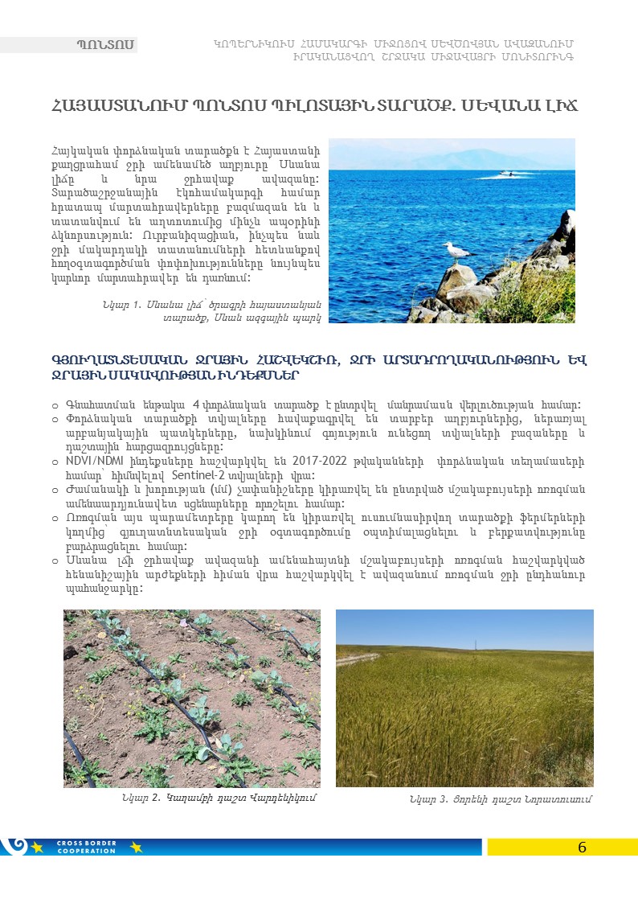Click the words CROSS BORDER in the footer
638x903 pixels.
click(x=86, y=843)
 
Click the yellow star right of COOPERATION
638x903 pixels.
click(x=135, y=847)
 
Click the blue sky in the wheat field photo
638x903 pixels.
click(x=464, y=627)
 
